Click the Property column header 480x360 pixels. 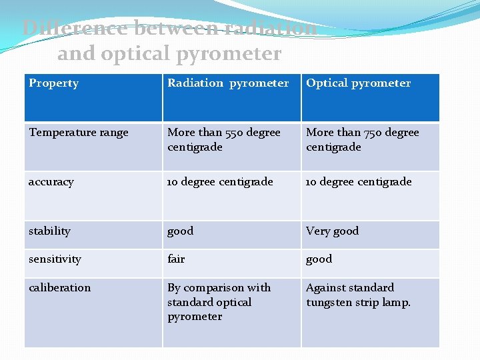(x=53, y=83)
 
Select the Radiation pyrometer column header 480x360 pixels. (x=228, y=83)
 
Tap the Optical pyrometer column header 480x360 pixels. (x=358, y=83)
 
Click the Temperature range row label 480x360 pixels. (x=79, y=133)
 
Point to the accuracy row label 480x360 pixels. (x=51, y=182)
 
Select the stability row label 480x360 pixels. (x=49, y=231)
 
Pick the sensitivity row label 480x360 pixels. (x=55, y=259)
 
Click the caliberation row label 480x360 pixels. (x=59, y=288)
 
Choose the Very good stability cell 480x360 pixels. (x=332, y=231)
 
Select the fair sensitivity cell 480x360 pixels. (x=176, y=259)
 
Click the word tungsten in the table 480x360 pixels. (x=329, y=303)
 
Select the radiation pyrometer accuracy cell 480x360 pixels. (x=220, y=182)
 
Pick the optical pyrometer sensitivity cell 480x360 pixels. (x=319, y=259)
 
